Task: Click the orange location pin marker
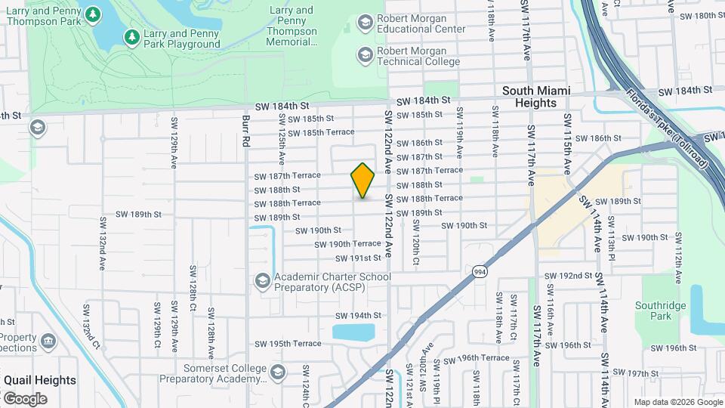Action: tap(363, 181)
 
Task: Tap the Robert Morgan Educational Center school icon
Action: tap(366, 23)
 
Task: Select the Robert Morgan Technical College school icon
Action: tap(366, 54)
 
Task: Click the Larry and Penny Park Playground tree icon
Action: tap(131, 36)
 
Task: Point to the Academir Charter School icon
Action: tap(262, 281)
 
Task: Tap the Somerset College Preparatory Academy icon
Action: tap(278, 372)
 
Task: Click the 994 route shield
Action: tap(478, 271)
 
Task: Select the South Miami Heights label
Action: tap(536, 96)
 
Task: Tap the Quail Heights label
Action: tap(40, 380)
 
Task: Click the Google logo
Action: tap(25, 398)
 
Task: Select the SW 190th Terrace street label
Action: tap(348, 244)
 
